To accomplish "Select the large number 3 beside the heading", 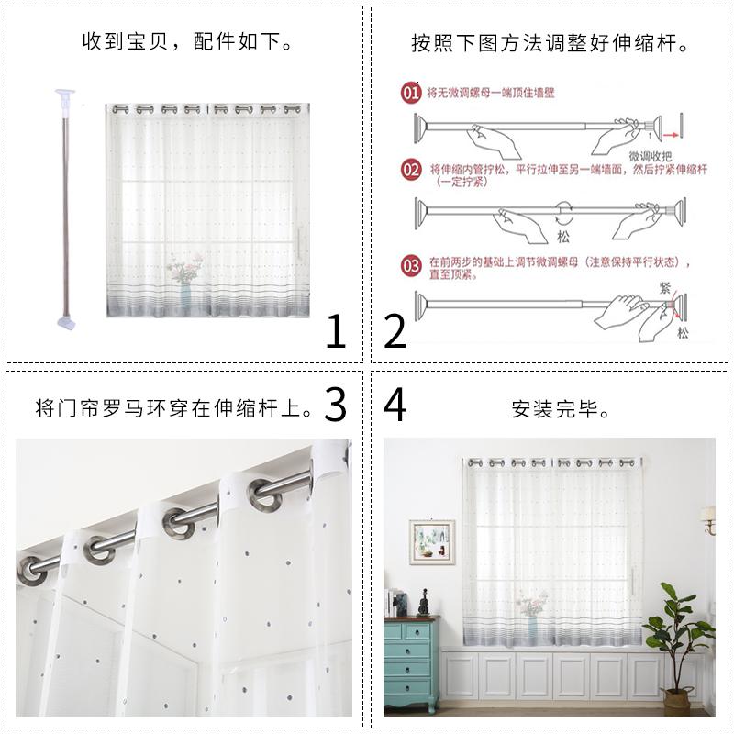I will point(335,404).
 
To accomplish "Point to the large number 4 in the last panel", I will point(395,404).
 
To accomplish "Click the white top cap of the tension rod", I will point(63,94).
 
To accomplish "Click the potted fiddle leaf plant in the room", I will point(679,642).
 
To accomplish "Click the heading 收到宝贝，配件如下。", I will point(187,42).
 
